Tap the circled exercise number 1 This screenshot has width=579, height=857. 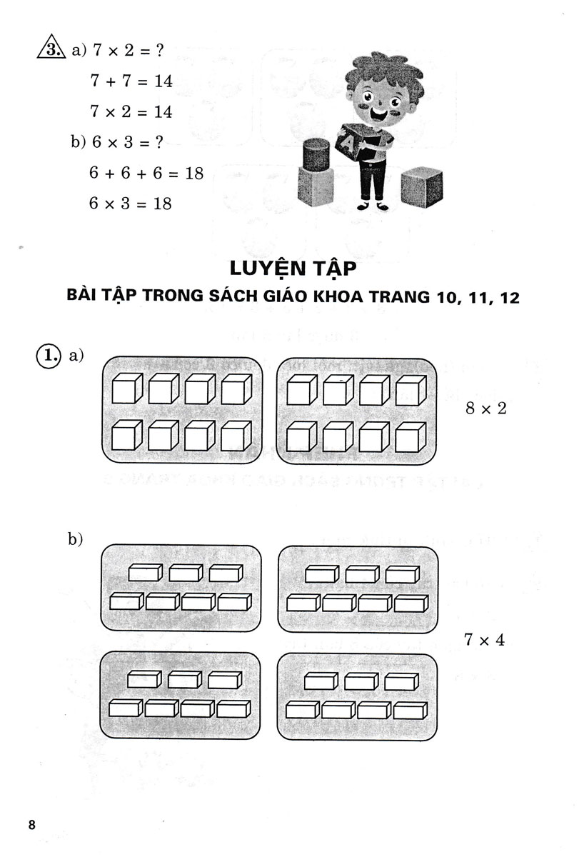48,355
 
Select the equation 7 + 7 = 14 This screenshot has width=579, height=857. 131,81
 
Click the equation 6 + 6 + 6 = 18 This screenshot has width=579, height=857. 146,173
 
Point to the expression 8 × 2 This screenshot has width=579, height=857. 485,409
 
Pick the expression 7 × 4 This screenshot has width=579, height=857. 484,639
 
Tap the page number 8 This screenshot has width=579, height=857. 31,825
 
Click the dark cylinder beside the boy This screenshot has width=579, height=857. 318,153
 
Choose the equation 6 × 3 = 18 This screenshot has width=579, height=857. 131,204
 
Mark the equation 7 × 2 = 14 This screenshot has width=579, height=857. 131,112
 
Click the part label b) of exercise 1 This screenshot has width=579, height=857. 76,540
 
